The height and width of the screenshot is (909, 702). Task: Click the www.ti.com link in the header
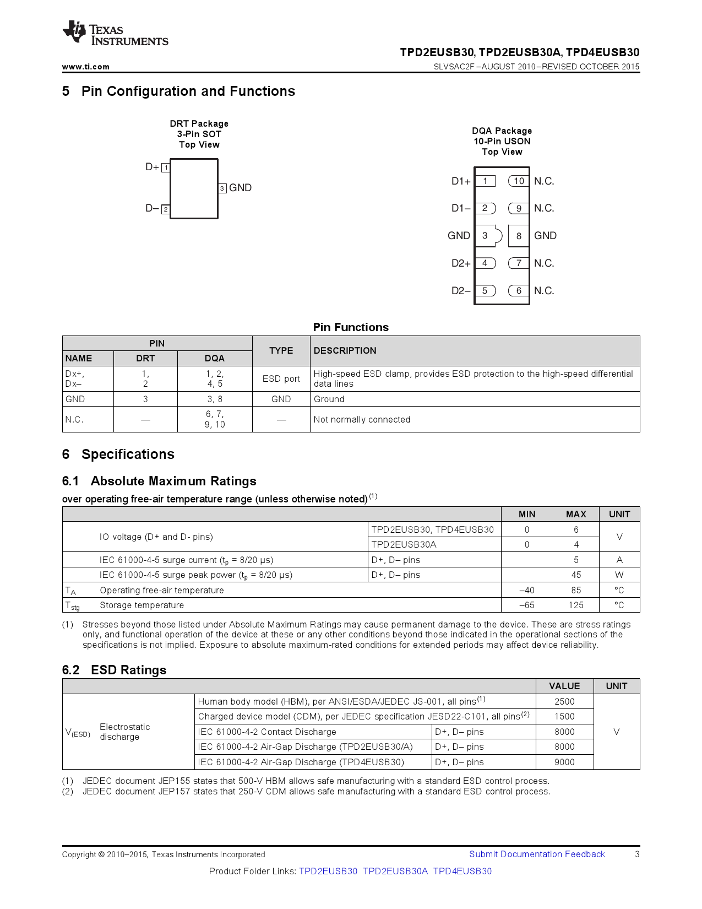click(85, 67)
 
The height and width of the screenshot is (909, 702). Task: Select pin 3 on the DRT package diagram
click(222, 188)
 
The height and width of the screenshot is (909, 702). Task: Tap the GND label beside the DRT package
click(241, 188)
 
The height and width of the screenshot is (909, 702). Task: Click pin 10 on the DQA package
click(519, 181)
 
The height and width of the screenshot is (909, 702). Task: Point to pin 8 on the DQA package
click(519, 236)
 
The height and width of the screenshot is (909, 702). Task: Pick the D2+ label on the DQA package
click(461, 263)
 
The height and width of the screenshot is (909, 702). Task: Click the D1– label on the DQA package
click(461, 208)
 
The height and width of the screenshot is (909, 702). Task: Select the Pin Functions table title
click(351, 327)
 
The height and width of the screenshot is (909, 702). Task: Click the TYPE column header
click(281, 351)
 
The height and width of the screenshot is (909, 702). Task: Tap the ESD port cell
click(281, 379)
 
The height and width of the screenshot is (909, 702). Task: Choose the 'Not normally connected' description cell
click(362, 420)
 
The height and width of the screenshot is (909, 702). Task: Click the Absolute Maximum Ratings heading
click(173, 481)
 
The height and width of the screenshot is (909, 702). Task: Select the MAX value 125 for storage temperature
click(576, 605)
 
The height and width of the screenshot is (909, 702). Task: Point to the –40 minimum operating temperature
click(527, 591)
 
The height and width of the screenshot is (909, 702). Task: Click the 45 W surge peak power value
click(576, 575)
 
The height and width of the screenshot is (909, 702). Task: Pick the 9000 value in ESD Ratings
click(564, 762)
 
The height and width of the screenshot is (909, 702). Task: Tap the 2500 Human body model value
click(564, 702)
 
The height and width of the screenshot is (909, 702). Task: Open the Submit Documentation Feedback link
click(537, 854)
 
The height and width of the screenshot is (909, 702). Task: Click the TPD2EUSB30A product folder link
click(395, 872)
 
